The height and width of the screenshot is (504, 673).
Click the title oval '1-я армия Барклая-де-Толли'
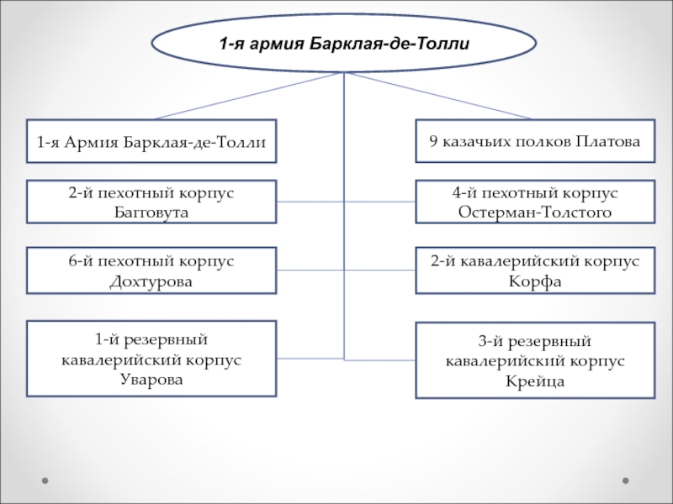tap(343, 43)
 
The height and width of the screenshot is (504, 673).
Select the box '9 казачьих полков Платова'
tap(536, 140)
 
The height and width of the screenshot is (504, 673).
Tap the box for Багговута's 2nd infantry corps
tap(151, 202)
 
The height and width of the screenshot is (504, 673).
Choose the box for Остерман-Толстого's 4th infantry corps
tap(536, 202)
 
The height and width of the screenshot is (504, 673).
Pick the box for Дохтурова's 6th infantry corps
tap(151, 270)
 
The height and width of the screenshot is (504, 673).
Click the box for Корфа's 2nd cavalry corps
tap(536, 270)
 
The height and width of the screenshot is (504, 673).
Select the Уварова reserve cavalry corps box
tap(151, 359)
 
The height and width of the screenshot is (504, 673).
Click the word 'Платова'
tap(609, 140)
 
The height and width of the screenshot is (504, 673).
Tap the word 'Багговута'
tap(151, 212)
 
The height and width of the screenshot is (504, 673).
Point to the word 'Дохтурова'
tap(151, 281)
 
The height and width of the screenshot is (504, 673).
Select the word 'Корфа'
tap(536, 281)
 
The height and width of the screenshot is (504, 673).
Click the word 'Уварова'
tap(151, 379)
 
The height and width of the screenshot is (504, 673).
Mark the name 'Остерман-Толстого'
tap(536, 212)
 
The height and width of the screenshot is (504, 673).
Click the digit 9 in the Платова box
tap(433, 140)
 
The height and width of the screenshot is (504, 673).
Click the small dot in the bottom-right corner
tap(625, 481)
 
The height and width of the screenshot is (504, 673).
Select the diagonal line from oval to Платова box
tap(437, 96)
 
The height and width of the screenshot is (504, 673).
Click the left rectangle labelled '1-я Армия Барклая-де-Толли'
tap(151, 140)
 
